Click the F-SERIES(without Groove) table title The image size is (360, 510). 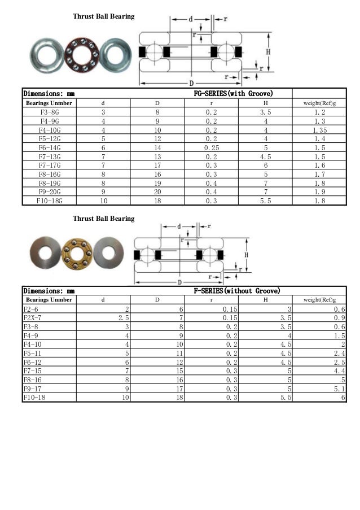click(236, 291)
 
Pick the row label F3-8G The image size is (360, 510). click(47, 112)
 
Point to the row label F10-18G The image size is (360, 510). click(47, 200)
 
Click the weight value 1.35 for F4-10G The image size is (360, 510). click(320, 130)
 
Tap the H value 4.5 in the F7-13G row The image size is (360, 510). click(265, 156)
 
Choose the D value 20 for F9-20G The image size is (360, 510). click(157, 191)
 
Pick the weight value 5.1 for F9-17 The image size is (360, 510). click(339, 389)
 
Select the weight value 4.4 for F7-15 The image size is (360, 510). click(339, 371)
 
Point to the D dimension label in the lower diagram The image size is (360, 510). click(179, 281)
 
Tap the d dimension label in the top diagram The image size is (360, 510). click(191, 19)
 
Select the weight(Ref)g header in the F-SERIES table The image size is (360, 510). click(320, 300)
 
